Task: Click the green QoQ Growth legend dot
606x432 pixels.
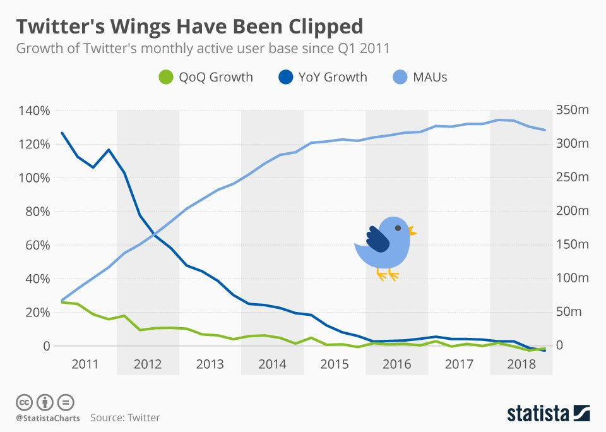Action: pyautogui.click(x=165, y=77)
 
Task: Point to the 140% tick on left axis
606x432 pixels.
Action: pyautogui.click(x=33, y=111)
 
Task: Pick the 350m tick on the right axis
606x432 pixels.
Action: pyautogui.click(x=573, y=111)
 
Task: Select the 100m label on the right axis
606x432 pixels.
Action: pyautogui.click(x=573, y=279)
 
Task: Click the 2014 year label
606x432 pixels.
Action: pyautogui.click(x=272, y=364)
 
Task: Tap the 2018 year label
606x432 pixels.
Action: pyautogui.click(x=521, y=364)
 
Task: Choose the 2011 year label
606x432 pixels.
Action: pyautogui.click(x=85, y=364)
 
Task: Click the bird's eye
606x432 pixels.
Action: pyautogui.click(x=398, y=228)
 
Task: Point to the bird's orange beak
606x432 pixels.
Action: pyautogui.click(x=412, y=231)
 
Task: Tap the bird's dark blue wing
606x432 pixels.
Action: pyautogui.click(x=377, y=239)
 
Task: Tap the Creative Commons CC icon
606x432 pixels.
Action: pyautogui.click(x=25, y=402)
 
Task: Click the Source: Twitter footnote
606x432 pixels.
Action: pyautogui.click(x=125, y=417)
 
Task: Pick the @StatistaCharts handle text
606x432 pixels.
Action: pyautogui.click(x=45, y=417)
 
